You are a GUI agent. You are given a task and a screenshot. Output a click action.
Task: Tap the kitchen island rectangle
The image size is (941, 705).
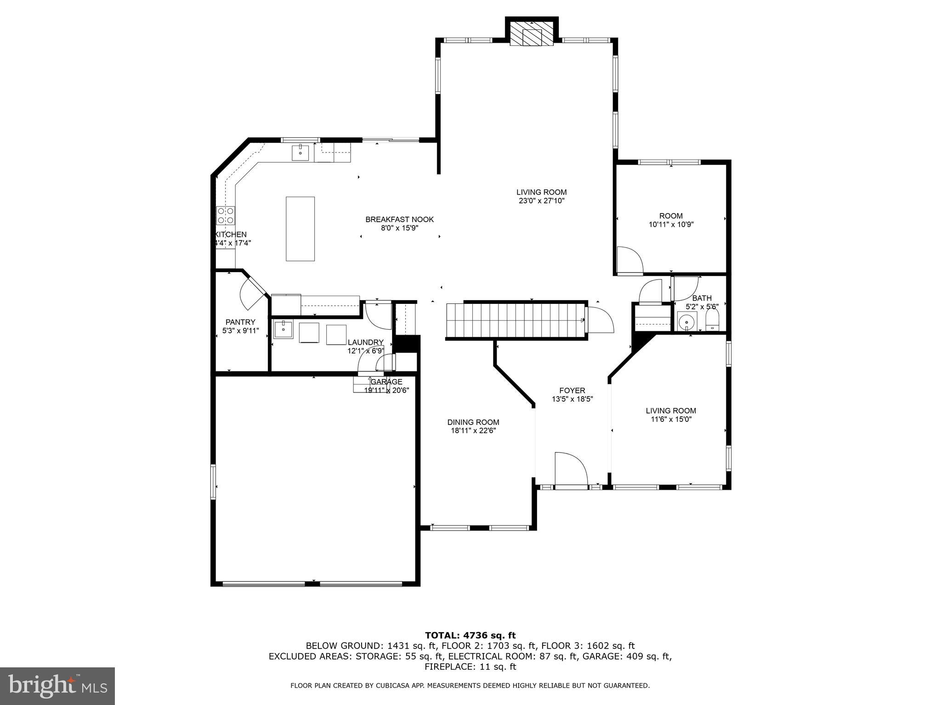(x=300, y=229)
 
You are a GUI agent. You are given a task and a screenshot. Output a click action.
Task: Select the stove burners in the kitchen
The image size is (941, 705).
(x=226, y=215)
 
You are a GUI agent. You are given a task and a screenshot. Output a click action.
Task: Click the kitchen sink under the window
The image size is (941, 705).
(x=300, y=152)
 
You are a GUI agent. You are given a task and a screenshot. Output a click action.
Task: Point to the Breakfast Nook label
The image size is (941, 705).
(x=399, y=219)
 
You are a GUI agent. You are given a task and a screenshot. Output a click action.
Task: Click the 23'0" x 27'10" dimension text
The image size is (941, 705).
(x=541, y=201)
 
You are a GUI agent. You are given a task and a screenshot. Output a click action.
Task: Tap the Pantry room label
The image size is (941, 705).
(x=240, y=322)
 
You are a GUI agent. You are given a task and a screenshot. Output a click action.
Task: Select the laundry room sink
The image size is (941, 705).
(x=283, y=329)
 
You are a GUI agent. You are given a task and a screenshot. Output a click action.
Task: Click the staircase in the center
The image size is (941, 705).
(x=515, y=320)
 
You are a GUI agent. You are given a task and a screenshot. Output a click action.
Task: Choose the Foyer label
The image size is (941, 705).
(x=572, y=391)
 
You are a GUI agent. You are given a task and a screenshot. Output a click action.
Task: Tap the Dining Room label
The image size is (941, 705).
(x=473, y=422)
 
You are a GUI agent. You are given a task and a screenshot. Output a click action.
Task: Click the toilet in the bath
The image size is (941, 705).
(x=712, y=320)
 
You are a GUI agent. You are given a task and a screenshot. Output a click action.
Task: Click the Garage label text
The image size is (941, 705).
(x=386, y=382)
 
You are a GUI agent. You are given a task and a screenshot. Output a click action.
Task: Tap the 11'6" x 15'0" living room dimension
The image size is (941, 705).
(x=671, y=419)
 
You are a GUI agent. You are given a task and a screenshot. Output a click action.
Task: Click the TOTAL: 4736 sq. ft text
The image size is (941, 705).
(x=470, y=636)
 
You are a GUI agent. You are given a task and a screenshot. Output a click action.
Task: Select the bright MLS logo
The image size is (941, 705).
(x=57, y=686)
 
